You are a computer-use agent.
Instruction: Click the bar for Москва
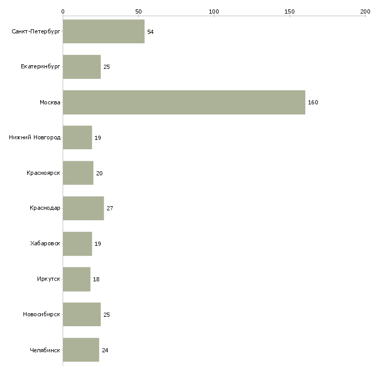[184, 102]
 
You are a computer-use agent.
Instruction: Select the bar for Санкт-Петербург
[103, 32]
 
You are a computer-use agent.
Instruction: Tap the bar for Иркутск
[76, 279]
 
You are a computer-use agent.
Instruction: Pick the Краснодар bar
[83, 208]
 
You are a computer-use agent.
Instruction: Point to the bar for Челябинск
[81, 350]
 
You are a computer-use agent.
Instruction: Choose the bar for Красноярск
[78, 173]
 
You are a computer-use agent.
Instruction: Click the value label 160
[313, 102]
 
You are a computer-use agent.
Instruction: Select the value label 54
[150, 32]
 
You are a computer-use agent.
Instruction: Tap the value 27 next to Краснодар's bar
[110, 208]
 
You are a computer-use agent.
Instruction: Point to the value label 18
[96, 279]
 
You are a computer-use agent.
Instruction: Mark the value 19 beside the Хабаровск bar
[98, 244]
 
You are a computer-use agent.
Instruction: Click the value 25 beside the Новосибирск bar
[106, 315]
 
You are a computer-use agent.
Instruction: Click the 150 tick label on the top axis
[290, 11]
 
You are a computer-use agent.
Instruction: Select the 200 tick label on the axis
[365, 11]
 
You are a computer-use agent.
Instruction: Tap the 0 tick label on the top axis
[63, 11]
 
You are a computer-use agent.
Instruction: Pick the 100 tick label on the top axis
[214, 11]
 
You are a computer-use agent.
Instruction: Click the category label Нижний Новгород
[34, 138]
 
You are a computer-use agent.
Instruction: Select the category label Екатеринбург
[41, 67]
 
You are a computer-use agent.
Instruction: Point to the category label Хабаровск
[45, 244]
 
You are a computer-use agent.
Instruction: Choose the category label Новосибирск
[41, 315]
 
